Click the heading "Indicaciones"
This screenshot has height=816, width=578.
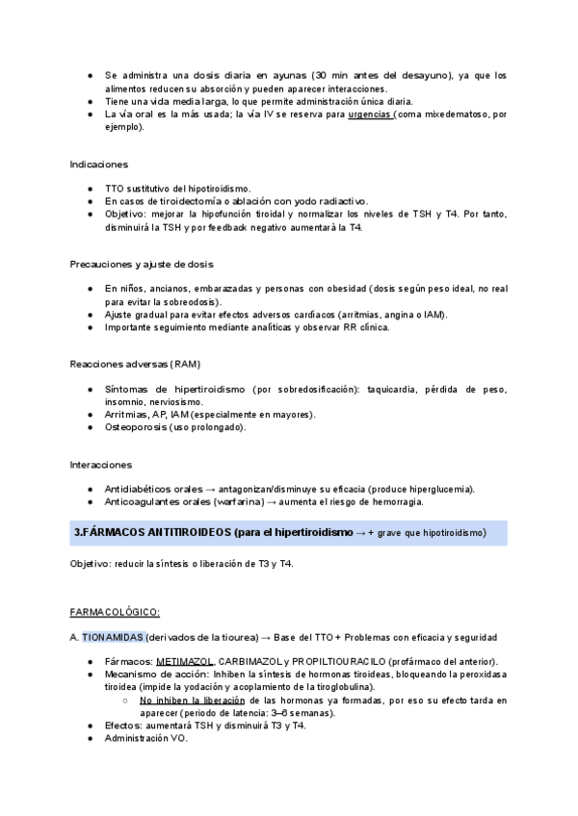(x=99, y=165)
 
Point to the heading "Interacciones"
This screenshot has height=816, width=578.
(x=100, y=464)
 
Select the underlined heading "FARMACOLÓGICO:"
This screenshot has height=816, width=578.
(x=115, y=612)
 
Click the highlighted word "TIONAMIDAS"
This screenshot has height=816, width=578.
(x=113, y=637)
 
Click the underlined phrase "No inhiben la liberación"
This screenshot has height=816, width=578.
(x=192, y=701)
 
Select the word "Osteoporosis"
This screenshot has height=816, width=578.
(x=135, y=426)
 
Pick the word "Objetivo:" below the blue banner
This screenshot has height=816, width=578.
(x=92, y=563)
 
